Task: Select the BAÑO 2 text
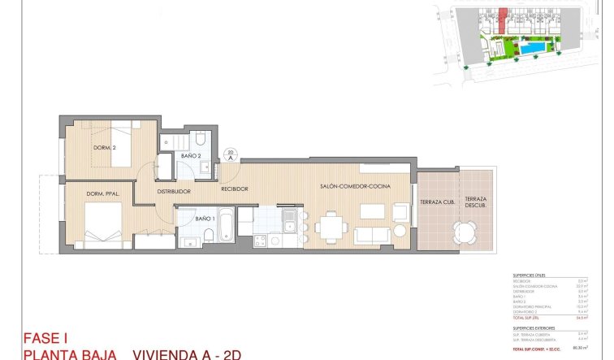click(191, 155)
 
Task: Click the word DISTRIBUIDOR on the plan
click(173, 192)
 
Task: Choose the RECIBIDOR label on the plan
click(234, 189)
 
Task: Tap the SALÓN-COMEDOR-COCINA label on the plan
click(355, 187)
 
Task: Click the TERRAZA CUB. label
click(436, 202)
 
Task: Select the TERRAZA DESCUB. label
click(475, 202)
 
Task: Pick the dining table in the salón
click(329, 226)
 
